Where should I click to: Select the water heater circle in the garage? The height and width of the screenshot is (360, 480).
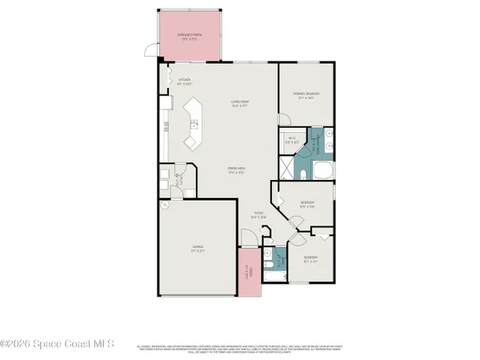(x=165, y=204)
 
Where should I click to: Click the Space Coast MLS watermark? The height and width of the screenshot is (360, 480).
(x=58, y=345)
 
